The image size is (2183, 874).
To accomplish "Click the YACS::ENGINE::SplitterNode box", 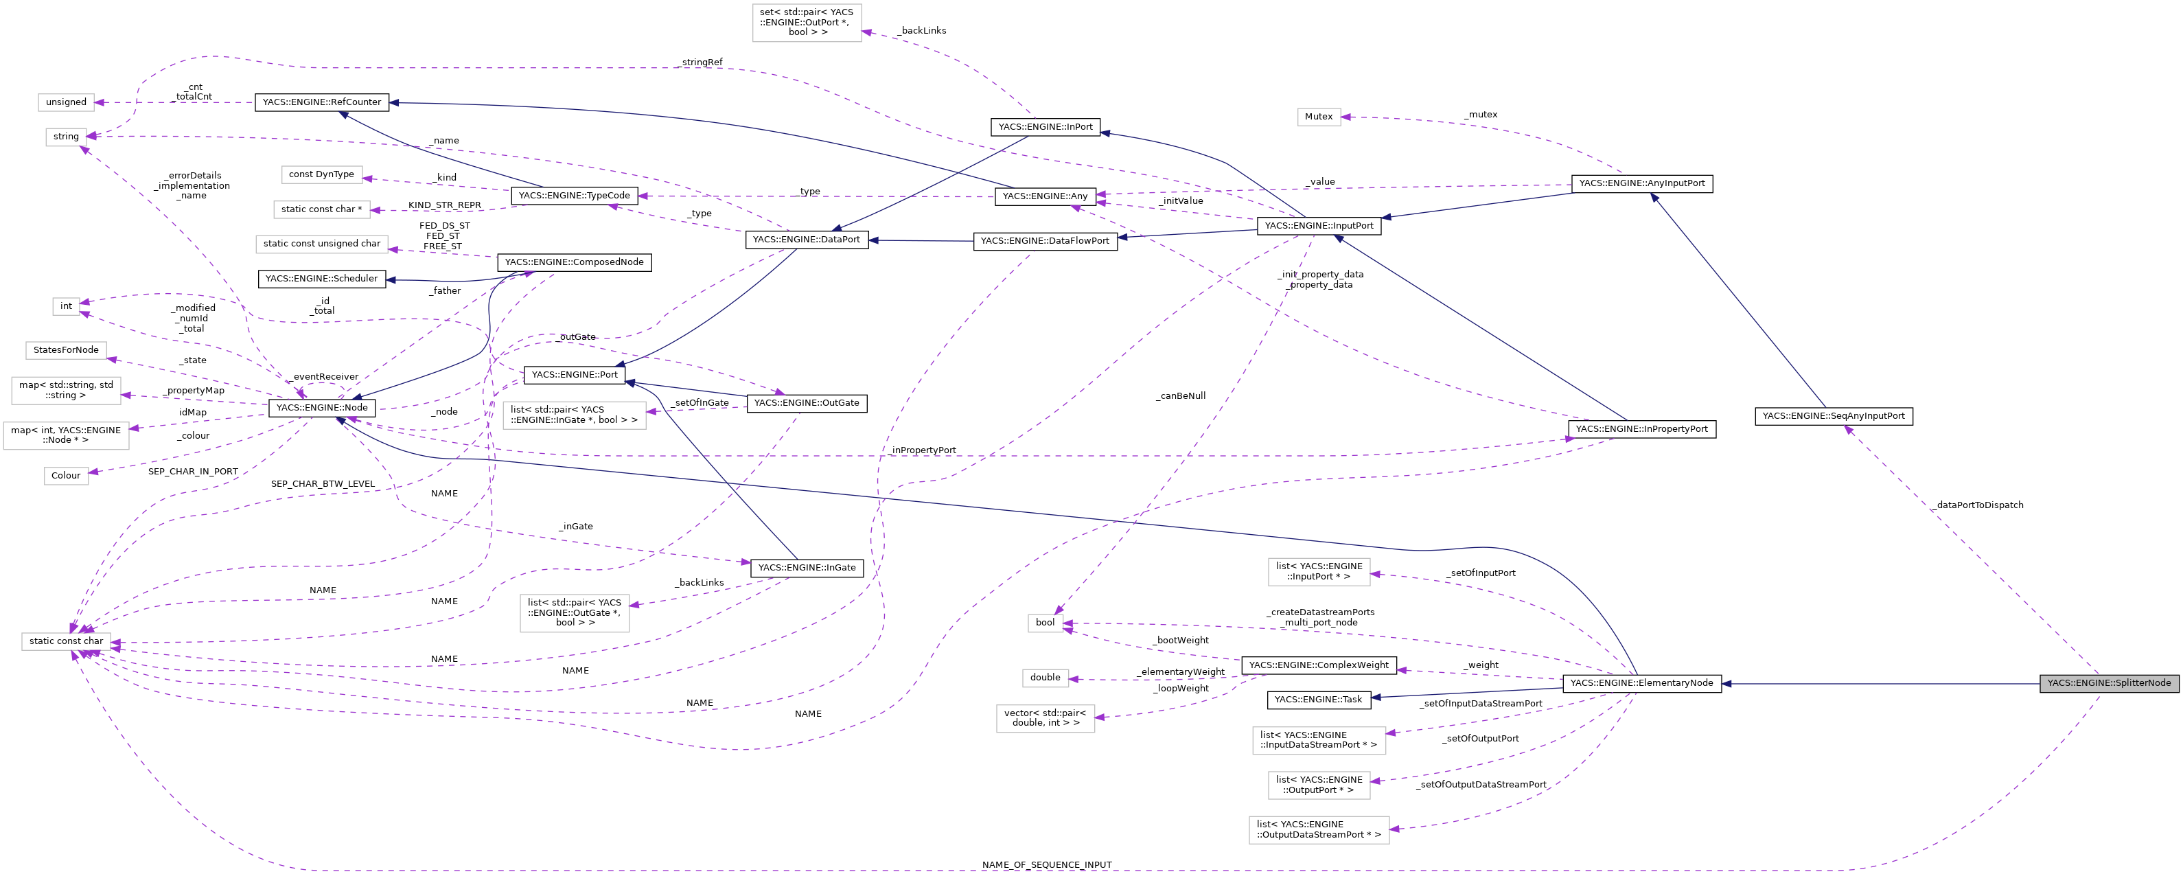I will pyautogui.click(x=2108, y=683).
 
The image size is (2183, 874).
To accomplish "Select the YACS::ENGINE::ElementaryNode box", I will pyautogui.click(x=1641, y=683).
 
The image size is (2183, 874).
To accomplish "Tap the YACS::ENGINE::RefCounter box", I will pyautogui.click(x=321, y=102).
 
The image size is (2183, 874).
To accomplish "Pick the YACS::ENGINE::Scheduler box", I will pyautogui.click(x=321, y=279).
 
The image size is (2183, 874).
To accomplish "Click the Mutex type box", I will pyautogui.click(x=1319, y=117).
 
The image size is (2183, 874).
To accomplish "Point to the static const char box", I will pyautogui.click(x=66, y=642).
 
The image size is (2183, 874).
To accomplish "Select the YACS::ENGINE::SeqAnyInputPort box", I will pyautogui.click(x=1833, y=416).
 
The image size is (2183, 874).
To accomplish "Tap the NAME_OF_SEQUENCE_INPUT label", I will pyautogui.click(x=1047, y=864).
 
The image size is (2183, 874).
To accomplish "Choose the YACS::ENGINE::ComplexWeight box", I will pyautogui.click(x=1319, y=665).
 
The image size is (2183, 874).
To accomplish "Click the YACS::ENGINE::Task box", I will pyautogui.click(x=1319, y=700).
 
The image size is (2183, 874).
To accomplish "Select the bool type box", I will pyautogui.click(x=1045, y=623).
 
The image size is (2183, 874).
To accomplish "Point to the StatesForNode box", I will pyautogui.click(x=66, y=350).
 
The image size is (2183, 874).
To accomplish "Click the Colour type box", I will pyautogui.click(x=66, y=476).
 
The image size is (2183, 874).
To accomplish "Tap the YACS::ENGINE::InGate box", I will pyautogui.click(x=807, y=568).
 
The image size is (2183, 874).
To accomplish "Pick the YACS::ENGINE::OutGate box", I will pyautogui.click(x=807, y=404).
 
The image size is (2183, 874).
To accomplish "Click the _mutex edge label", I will pyautogui.click(x=1481, y=115).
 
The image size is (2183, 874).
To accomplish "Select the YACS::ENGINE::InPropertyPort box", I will pyautogui.click(x=1641, y=429).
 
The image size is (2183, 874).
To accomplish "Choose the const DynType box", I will pyautogui.click(x=321, y=174).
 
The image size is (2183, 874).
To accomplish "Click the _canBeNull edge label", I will pyautogui.click(x=1181, y=396).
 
